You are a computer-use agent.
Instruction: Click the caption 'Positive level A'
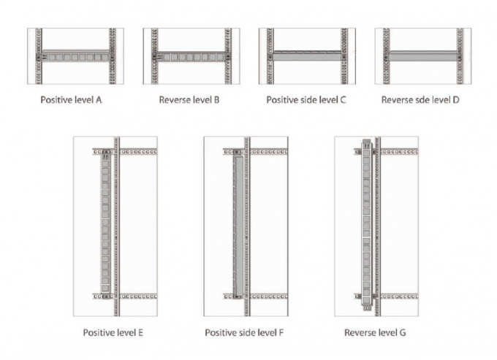(70, 99)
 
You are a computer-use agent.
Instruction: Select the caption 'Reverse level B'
(189, 99)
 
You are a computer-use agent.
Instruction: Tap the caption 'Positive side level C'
(306, 99)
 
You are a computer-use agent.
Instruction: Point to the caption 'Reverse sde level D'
(420, 99)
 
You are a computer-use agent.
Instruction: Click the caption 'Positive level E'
(113, 333)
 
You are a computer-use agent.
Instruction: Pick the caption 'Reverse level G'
(375, 333)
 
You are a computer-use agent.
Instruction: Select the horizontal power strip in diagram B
(191, 55)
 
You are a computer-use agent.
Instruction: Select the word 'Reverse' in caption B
(175, 99)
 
